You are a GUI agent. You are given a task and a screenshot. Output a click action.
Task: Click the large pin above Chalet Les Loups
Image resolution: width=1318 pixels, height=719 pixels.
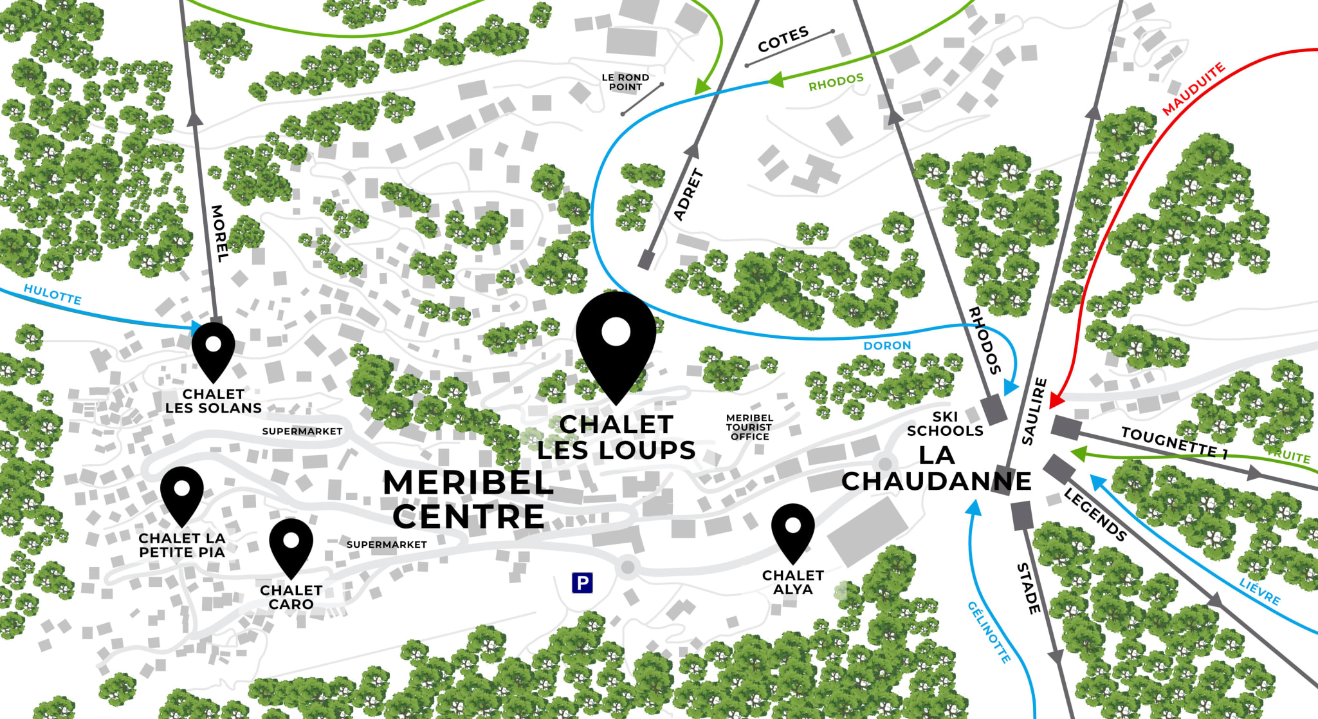coord(616,341)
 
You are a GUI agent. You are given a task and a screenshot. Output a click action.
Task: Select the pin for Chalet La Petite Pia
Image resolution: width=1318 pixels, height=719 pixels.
coord(182,493)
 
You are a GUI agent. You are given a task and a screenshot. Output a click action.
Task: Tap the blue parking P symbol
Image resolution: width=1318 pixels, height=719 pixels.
coord(582,583)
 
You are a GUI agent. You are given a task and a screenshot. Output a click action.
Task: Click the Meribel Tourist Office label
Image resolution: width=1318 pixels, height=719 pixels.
coord(749,427)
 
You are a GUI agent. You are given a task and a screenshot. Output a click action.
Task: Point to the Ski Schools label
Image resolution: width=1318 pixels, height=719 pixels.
coord(945,424)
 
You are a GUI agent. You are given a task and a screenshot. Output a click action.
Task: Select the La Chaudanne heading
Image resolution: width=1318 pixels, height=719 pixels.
coord(936,469)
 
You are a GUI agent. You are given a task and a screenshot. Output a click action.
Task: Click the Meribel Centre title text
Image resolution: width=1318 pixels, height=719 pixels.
coord(468,500)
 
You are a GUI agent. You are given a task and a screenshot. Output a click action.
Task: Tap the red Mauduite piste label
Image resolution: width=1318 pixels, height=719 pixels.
coord(1193,89)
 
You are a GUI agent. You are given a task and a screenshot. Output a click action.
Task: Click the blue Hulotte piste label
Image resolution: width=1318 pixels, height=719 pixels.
coord(53,294)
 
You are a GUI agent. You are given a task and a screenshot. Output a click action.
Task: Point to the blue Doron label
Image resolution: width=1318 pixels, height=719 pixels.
coord(887,346)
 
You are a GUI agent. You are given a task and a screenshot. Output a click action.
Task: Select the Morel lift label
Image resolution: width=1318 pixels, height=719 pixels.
coord(219,233)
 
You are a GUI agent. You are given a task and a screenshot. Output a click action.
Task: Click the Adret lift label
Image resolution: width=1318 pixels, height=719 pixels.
coord(688,194)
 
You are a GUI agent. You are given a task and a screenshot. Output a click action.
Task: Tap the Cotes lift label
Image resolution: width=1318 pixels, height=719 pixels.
coord(783,40)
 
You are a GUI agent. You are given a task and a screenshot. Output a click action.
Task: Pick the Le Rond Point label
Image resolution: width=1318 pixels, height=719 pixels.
coord(625,82)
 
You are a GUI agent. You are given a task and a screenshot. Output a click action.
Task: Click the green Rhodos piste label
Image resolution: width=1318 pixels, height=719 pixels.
coord(836,82)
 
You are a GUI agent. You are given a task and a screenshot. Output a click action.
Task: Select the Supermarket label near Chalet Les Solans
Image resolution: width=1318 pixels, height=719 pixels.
coord(302,431)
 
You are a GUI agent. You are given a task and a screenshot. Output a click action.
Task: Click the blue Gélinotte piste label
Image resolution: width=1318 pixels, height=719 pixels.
coord(989,631)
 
